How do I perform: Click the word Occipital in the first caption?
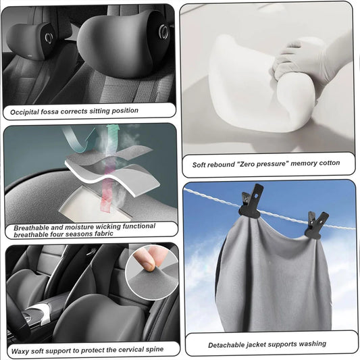(x=24, y=112)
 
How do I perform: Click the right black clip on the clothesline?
(x=316, y=225)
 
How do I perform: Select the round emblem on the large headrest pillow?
(x=163, y=31)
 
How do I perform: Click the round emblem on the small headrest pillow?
(x=49, y=38)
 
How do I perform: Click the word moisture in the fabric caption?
(x=79, y=227)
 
